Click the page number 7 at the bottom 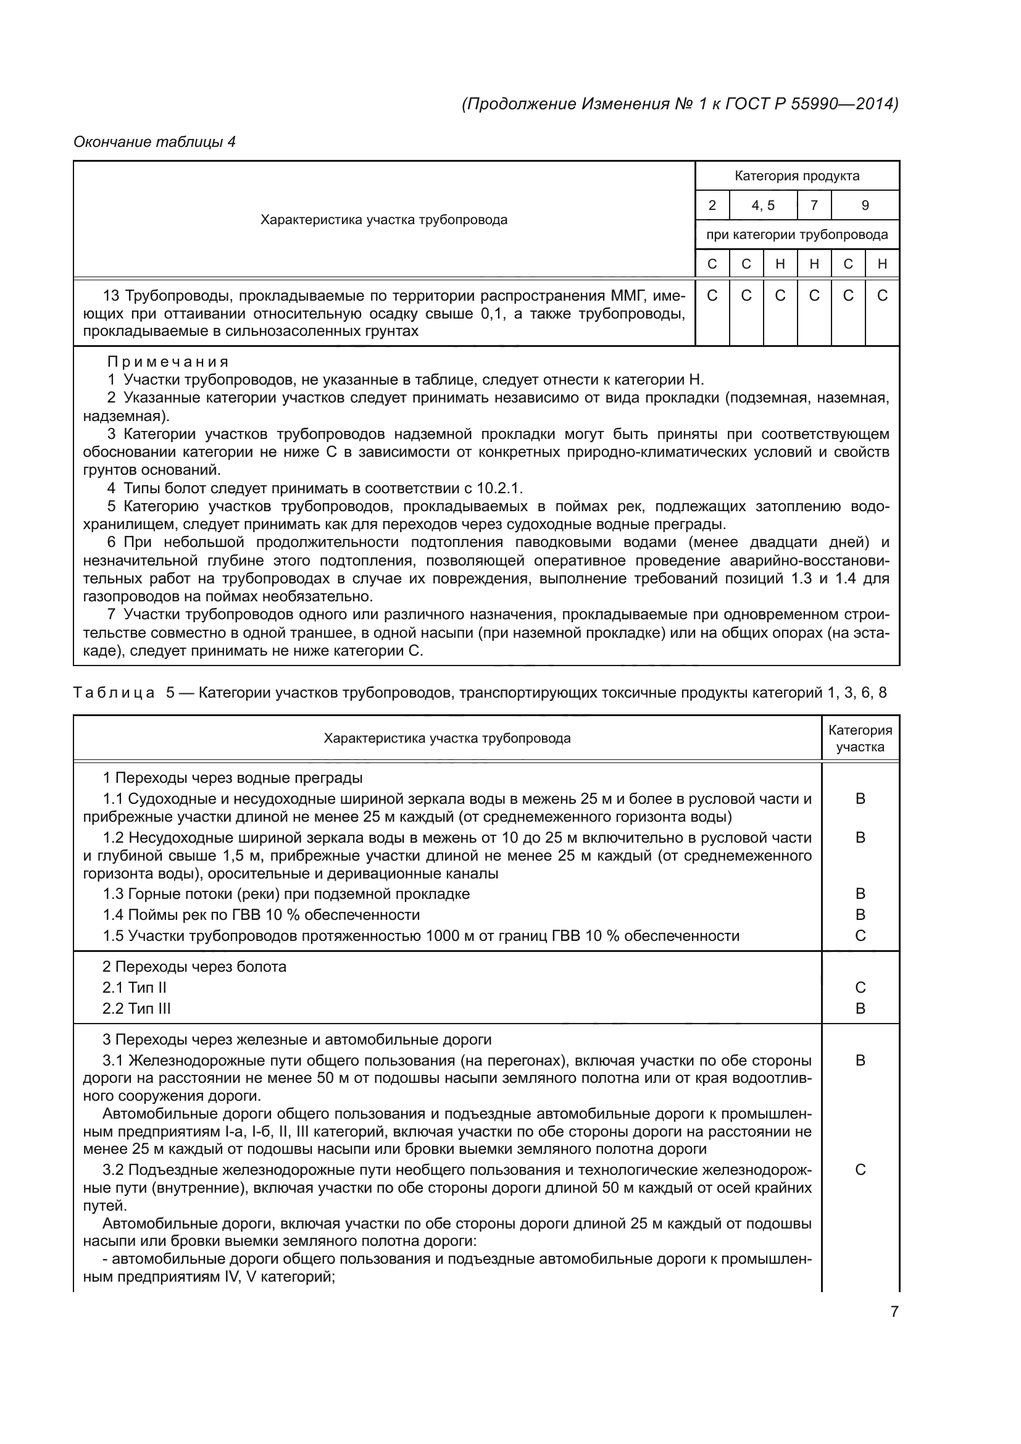(894, 1311)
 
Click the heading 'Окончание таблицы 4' (154, 142)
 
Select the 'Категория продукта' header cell (796, 176)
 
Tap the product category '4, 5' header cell (762, 206)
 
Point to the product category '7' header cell (814, 206)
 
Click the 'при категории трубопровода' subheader (796, 235)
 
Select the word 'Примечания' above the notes (167, 362)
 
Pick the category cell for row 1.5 (860, 936)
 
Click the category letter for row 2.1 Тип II (860, 987)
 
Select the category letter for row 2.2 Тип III (860, 1009)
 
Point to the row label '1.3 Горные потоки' (285, 894)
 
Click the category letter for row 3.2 (860, 1170)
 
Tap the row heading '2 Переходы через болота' (194, 967)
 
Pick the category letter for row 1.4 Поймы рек (860, 915)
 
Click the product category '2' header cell (712, 206)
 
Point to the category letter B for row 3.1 (860, 1061)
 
